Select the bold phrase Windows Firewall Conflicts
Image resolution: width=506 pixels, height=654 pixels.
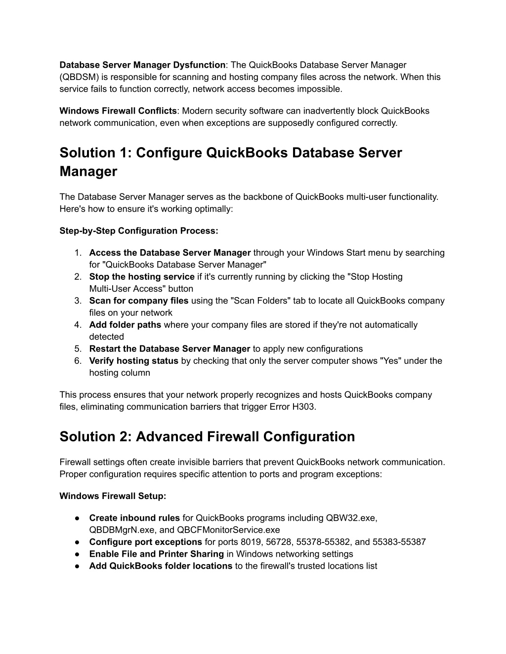click(x=118, y=111)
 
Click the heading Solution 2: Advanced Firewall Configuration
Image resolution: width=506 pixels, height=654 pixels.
click(x=207, y=437)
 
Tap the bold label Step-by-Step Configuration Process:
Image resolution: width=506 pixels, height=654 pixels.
click(x=138, y=231)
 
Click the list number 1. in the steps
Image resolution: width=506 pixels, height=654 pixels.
click(x=78, y=253)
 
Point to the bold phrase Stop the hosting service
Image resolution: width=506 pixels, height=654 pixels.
click(x=142, y=277)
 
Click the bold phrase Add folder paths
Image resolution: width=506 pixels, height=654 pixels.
click(x=125, y=325)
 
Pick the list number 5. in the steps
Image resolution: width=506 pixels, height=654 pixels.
click(x=78, y=349)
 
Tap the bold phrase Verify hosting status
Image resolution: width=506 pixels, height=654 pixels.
click(x=133, y=361)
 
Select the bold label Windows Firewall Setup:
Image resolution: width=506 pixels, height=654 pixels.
click(x=113, y=496)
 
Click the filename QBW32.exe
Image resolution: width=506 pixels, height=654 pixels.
click(x=351, y=518)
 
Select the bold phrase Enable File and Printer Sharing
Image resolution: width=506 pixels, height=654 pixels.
click(x=156, y=554)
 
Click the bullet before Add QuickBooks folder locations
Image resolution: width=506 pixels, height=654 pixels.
click(x=78, y=566)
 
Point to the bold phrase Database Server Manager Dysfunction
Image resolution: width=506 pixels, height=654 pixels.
click(x=142, y=65)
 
